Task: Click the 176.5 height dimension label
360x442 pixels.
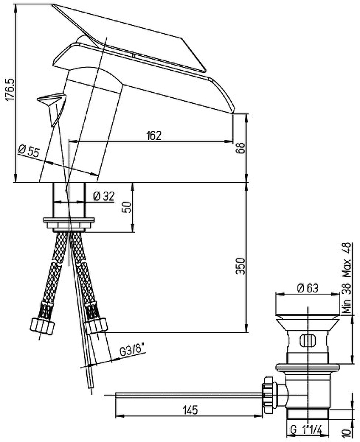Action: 10,89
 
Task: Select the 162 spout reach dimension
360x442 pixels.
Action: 154,136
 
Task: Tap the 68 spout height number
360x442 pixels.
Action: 240,148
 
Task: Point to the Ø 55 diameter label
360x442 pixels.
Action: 29,151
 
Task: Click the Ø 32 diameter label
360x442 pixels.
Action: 103,196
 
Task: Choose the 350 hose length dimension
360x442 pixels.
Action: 241,266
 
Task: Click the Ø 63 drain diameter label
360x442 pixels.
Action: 308,288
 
